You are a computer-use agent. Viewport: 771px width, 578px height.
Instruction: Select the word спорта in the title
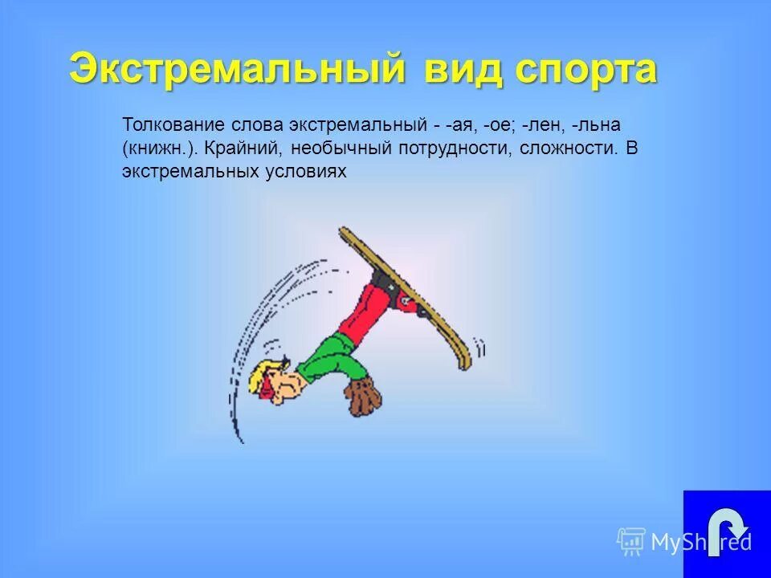tap(586, 71)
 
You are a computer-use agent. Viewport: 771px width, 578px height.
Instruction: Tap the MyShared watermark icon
tap(631, 542)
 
